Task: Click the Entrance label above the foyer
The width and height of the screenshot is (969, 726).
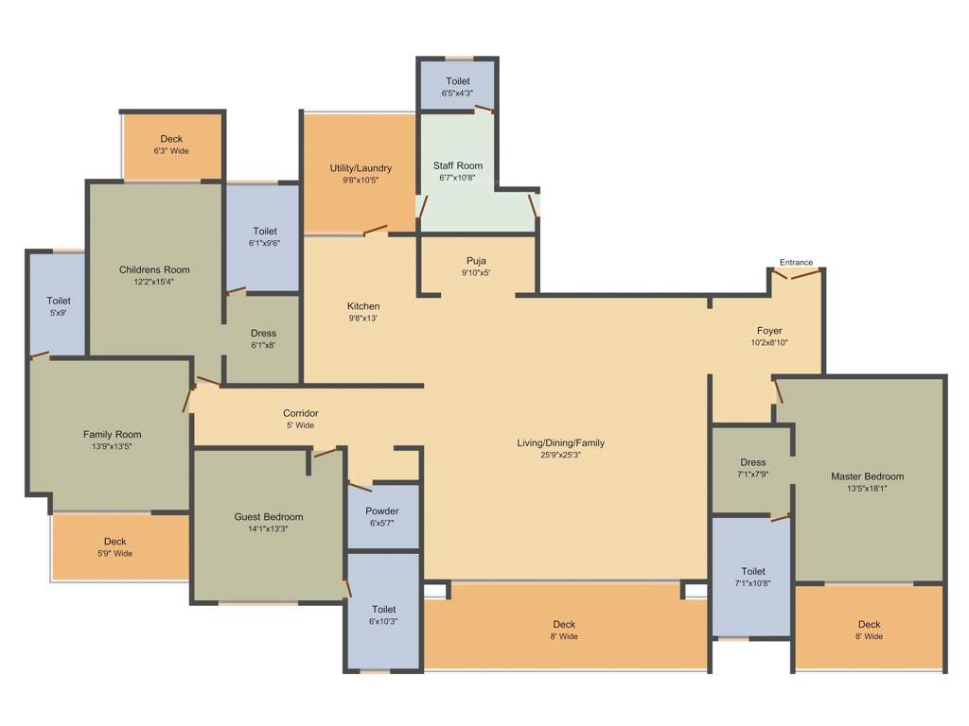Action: pos(796,262)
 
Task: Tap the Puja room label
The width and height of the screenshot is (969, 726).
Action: pos(476,261)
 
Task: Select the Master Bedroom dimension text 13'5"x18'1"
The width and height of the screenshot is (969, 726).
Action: pos(867,489)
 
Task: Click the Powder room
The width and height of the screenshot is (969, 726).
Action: pos(382,516)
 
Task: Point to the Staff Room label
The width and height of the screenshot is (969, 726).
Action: pos(458,165)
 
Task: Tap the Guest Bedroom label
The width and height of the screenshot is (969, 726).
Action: pos(269,517)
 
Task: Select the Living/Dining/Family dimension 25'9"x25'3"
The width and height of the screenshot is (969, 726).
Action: pos(560,455)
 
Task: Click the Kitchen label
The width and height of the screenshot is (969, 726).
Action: pos(363,306)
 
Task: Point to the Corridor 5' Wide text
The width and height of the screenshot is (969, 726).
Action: pos(300,425)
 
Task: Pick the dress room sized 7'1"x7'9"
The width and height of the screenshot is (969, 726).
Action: pos(752,468)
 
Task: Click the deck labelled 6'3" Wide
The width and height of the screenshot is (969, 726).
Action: pos(171,145)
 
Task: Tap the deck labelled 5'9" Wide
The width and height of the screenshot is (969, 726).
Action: pos(115,547)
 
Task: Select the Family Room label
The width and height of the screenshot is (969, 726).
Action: pos(112,435)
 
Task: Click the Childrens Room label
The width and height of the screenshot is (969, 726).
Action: pos(154,269)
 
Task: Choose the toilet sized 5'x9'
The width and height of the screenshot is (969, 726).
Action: pos(58,306)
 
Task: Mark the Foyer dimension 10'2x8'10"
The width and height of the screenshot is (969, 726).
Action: pos(769,342)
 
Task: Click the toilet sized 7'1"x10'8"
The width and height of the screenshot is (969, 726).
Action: pos(752,577)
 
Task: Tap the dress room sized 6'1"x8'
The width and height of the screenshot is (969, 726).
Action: pos(263,338)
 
